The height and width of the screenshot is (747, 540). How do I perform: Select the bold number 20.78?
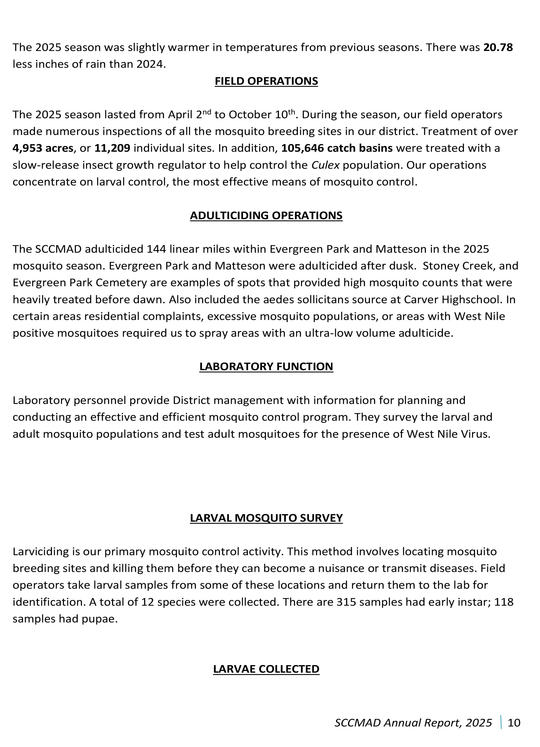(x=498, y=47)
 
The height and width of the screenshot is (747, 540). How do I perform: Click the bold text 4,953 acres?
(x=43, y=148)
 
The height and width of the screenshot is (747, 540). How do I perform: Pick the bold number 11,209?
(x=112, y=148)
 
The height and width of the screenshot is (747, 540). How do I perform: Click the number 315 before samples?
(x=346, y=602)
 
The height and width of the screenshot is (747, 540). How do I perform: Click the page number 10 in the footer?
(x=514, y=723)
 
